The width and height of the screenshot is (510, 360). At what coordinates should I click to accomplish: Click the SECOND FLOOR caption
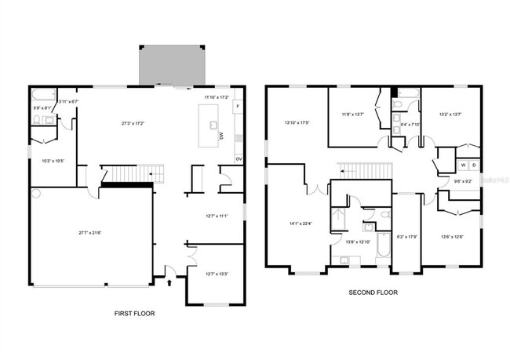[x=373, y=293]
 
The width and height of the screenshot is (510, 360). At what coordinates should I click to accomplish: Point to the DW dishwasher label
[x=222, y=136]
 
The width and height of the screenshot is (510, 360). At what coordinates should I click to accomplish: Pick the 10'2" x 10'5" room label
[x=53, y=161]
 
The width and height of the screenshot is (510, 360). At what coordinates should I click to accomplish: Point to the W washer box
[x=463, y=165]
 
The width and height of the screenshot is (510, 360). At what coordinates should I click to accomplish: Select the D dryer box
[x=473, y=165]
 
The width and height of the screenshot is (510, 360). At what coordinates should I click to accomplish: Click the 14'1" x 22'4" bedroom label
[x=301, y=224]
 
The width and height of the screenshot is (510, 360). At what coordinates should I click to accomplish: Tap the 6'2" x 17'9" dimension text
[x=406, y=235]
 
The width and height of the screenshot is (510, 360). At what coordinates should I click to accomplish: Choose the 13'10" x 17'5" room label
[x=296, y=122]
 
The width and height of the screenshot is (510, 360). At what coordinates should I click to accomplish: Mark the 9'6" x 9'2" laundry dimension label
[x=462, y=182]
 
